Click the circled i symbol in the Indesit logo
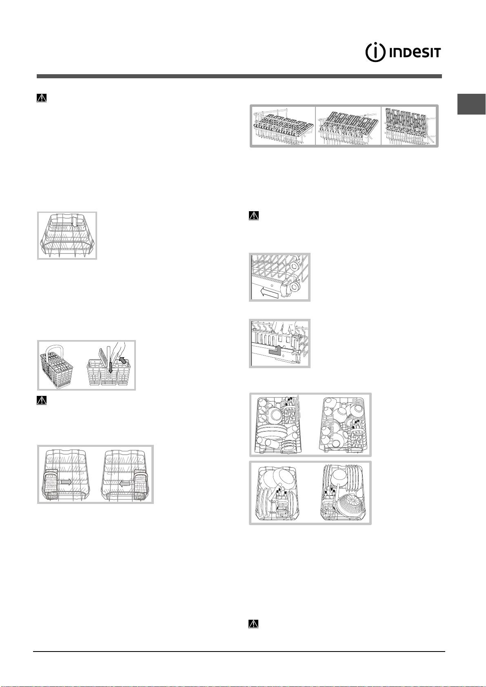pyautogui.click(x=375, y=53)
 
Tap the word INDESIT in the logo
pyautogui.click(x=415, y=53)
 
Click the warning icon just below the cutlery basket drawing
pyautogui.click(x=42, y=400)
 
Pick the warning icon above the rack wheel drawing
pyautogui.click(x=253, y=216)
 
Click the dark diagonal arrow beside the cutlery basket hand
pyautogui.click(x=123, y=360)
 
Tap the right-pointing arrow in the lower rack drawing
pyautogui.click(x=67, y=482)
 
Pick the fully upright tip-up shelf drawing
pyautogui.click(x=408, y=126)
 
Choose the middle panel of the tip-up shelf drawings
pyautogui.click(x=348, y=126)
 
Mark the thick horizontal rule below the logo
pyautogui.click(x=239, y=76)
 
